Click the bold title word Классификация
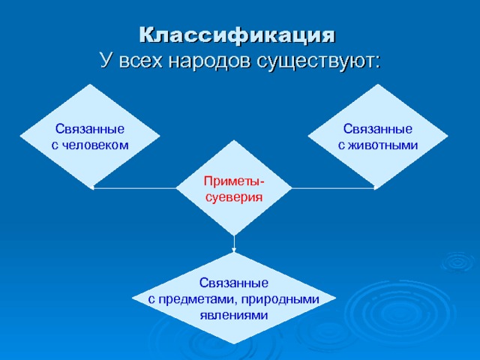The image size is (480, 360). (x=238, y=34)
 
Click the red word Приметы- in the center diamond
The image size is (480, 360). (x=234, y=181)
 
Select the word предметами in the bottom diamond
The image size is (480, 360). (x=196, y=298)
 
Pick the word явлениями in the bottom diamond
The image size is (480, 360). (x=234, y=314)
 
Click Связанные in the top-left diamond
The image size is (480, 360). (x=90, y=128)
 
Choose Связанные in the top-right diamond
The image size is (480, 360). (x=378, y=128)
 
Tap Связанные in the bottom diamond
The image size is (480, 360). (x=234, y=283)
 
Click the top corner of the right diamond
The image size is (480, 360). (x=378, y=85)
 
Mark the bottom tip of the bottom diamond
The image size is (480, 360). (x=234, y=344)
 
